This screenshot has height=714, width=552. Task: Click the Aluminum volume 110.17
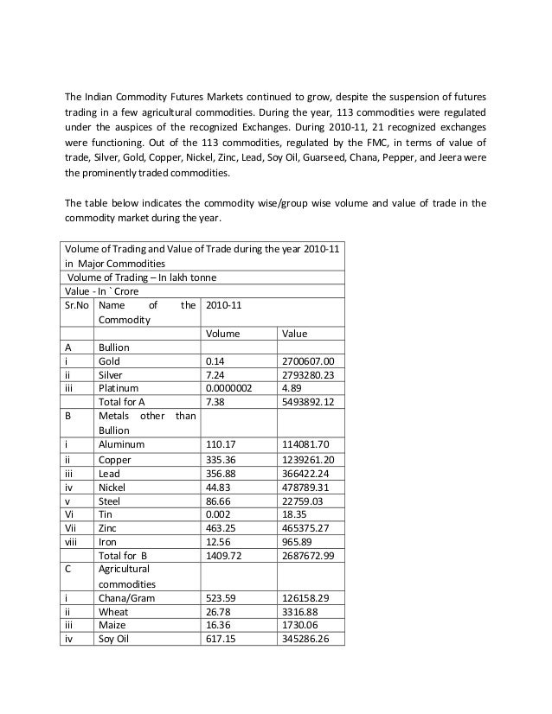tap(222, 444)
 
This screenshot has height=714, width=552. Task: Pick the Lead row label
tap(110, 473)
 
